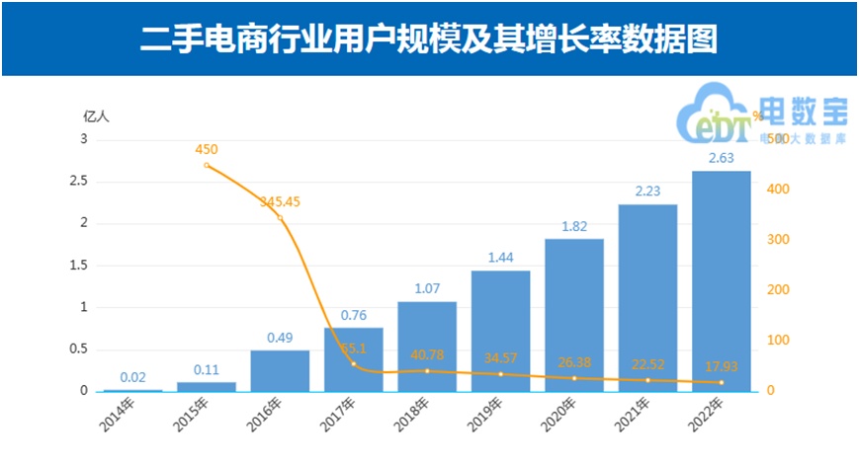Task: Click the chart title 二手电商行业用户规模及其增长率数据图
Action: coord(429,39)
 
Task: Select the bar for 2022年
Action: coord(721,281)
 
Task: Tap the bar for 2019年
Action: coord(500,331)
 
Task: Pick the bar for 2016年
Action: coord(280,370)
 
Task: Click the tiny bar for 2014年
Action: coord(132,390)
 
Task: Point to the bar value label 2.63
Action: coord(721,158)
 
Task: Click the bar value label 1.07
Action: coord(427,289)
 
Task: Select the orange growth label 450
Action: coord(207,150)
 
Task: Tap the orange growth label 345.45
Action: coord(280,201)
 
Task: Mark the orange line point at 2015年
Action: coord(207,165)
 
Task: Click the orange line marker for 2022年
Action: coord(721,382)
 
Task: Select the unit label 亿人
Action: coord(96,116)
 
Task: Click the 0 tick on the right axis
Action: coord(770,391)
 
